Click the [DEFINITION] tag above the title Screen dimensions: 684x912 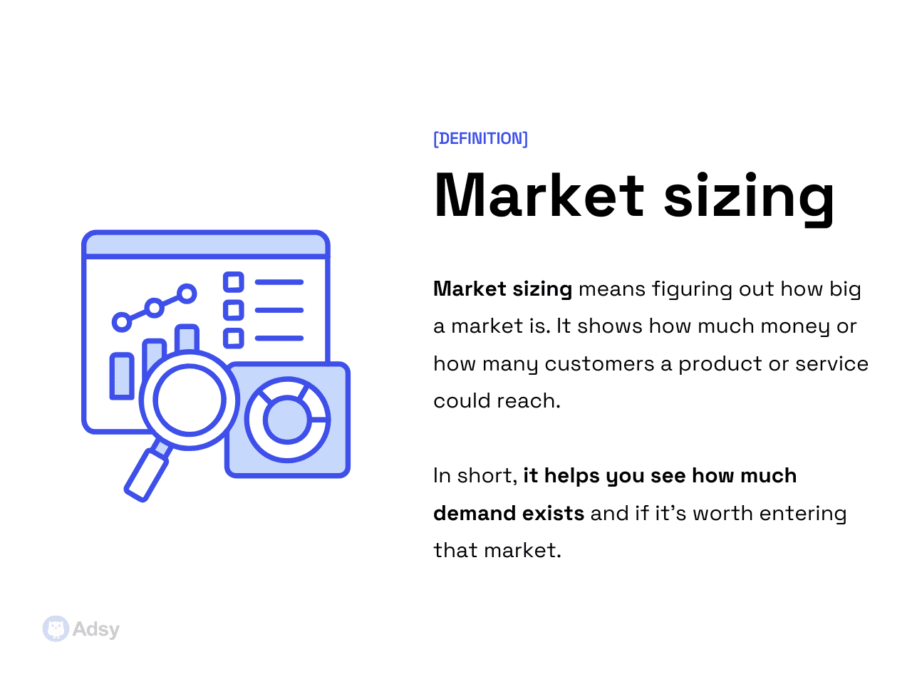[481, 138]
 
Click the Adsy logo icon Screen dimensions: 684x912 [56, 629]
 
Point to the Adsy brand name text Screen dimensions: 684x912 [96, 630]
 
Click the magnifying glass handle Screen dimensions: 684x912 [146, 475]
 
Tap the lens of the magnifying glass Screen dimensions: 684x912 [190, 400]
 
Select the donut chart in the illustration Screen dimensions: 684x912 [287, 420]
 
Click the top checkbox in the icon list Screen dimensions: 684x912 [234, 282]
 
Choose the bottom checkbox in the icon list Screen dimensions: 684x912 [234, 338]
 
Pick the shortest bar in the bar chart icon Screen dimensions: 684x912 [122, 375]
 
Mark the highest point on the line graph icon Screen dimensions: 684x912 [187, 293]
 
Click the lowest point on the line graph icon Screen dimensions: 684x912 [122, 322]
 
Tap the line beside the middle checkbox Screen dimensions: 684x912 [279, 311]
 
